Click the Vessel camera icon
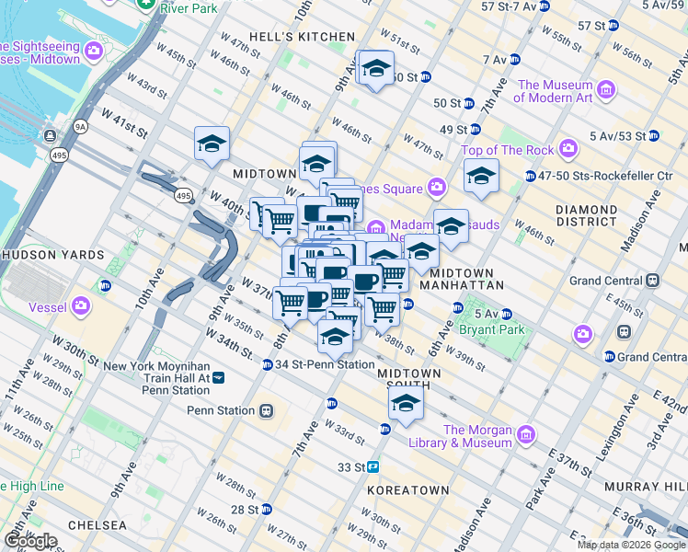pyautogui.click(x=81, y=305)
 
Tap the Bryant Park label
pyautogui.click(x=498, y=329)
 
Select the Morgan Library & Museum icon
pyautogui.click(x=525, y=433)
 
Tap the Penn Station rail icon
pyautogui.click(x=267, y=409)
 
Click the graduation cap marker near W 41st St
pyautogui.click(x=212, y=144)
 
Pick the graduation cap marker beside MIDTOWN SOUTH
pyautogui.click(x=405, y=401)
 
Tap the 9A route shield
pyautogui.click(x=80, y=126)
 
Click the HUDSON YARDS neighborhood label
pyautogui.click(x=44, y=254)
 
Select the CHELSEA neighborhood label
pyautogui.click(x=90, y=525)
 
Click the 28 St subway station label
pyautogui.click(x=244, y=509)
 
